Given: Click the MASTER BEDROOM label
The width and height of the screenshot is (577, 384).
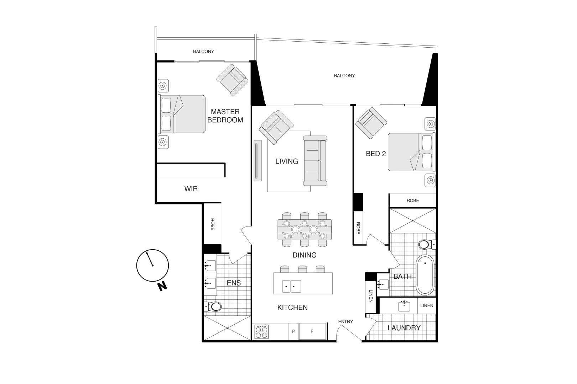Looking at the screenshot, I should (x=225, y=116).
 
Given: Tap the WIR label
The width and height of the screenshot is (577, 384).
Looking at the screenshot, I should (x=191, y=189).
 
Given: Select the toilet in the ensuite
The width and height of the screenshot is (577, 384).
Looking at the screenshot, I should (x=213, y=306).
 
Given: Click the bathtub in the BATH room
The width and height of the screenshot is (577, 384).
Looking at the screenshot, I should (x=425, y=274).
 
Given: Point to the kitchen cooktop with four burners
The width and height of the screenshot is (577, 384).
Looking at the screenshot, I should (x=261, y=332).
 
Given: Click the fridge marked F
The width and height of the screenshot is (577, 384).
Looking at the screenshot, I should (x=312, y=331).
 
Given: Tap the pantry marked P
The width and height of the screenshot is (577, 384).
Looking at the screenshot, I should (x=293, y=331).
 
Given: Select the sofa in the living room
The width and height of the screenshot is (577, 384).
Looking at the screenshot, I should (x=315, y=161).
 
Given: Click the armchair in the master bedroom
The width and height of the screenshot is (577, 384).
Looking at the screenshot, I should (x=232, y=80).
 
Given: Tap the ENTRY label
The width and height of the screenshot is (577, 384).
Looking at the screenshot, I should (x=345, y=321).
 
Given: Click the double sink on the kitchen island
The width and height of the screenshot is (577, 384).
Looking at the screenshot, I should (x=291, y=286).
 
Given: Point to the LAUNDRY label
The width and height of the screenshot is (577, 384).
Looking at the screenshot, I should (x=404, y=328).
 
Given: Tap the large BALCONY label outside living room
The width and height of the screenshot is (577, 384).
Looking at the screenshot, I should (x=344, y=76).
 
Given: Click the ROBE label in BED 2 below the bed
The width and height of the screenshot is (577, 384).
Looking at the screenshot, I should (x=412, y=201).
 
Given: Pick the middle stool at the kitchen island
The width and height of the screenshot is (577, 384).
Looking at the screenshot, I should (x=303, y=269).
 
